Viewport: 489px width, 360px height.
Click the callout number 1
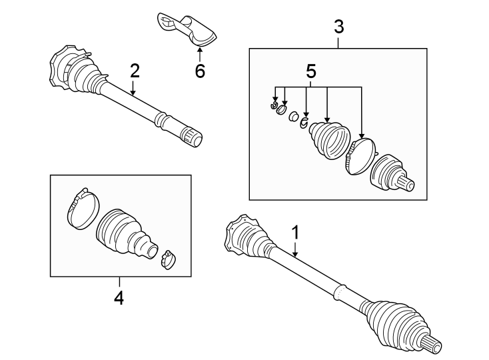pyautogui.click(x=296, y=233)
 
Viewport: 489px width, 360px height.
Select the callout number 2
pyautogui.click(x=135, y=70)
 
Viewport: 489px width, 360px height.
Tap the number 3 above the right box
pyautogui.click(x=338, y=27)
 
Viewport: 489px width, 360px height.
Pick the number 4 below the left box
pyautogui.click(x=119, y=297)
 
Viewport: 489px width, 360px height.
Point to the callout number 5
pyautogui.click(x=310, y=70)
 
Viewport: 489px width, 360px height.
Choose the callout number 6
pyautogui.click(x=200, y=71)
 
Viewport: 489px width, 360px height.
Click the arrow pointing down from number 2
pyautogui.click(x=134, y=88)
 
